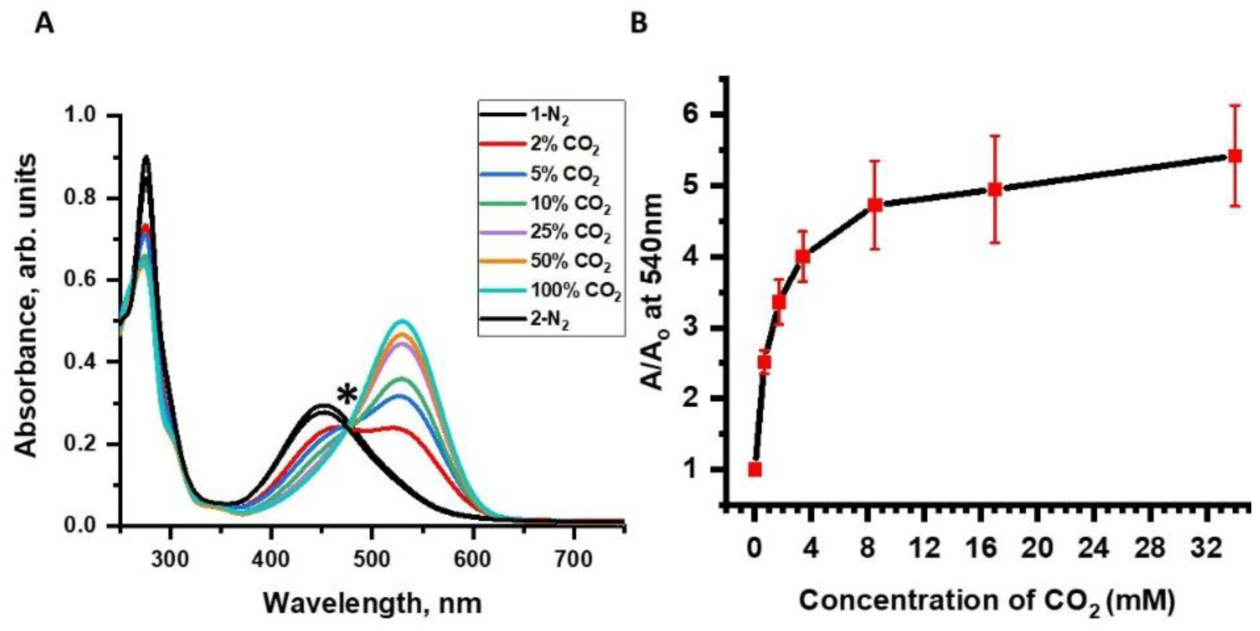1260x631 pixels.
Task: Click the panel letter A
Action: click(44, 23)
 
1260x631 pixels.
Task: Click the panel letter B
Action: click(639, 23)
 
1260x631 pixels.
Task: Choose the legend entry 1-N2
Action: click(549, 117)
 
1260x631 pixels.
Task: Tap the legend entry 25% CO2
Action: click(570, 232)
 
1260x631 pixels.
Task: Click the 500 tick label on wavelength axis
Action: click(372, 559)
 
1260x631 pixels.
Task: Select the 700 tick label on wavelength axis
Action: click(574, 559)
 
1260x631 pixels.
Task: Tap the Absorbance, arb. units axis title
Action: click(26, 306)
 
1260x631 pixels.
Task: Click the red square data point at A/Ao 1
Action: click(755, 470)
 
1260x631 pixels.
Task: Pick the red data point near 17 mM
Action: click(995, 189)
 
